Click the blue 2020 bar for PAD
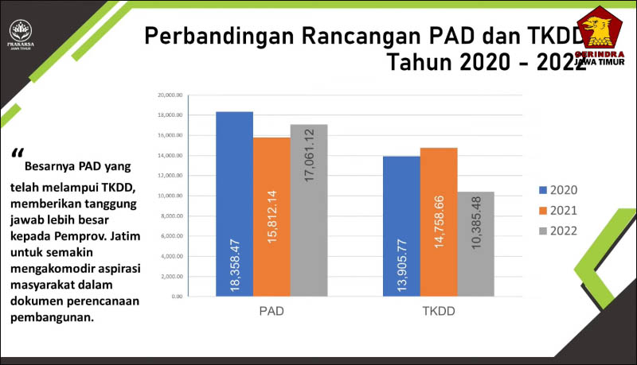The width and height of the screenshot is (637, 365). click(234, 204)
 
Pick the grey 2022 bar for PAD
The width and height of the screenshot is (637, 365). click(309, 210)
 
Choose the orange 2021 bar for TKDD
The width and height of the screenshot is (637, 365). click(439, 222)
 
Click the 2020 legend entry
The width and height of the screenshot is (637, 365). click(558, 190)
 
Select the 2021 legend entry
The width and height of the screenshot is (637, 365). click(558, 211)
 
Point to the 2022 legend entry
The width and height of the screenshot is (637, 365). click(558, 231)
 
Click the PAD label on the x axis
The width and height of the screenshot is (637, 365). click(272, 311)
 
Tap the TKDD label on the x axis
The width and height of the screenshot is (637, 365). click(439, 311)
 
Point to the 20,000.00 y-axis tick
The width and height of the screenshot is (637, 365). click(171, 95)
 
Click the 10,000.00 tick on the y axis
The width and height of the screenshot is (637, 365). click(171, 196)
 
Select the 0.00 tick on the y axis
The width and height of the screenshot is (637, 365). click(177, 296)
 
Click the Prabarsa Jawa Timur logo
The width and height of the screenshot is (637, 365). click(21, 37)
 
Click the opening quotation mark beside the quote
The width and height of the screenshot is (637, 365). click(18, 154)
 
